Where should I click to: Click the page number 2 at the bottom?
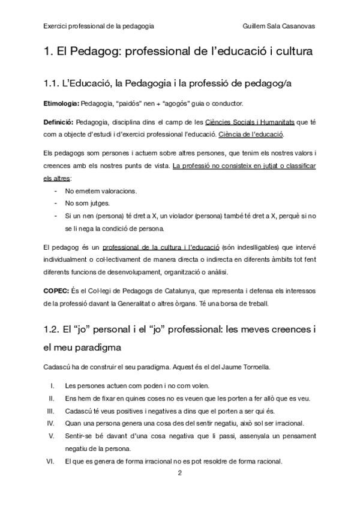coord(179,473)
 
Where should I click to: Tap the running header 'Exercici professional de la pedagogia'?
coord(98,26)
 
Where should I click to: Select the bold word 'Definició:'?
coord(59,122)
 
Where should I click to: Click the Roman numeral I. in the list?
coord(53,385)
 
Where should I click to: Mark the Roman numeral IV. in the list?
coord(52,423)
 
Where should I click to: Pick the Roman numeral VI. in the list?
coord(52,461)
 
